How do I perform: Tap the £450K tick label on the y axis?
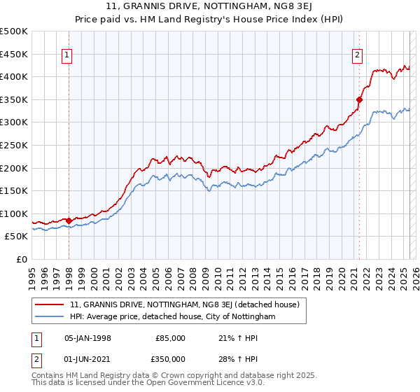14,54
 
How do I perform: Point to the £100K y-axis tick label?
14,214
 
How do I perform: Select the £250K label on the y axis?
14,145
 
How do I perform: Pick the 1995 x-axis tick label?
32,274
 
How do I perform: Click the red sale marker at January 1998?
69,220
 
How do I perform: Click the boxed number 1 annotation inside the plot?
68,56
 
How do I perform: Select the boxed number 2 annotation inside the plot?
357,56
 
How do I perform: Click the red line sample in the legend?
49,304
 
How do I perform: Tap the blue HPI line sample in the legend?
49,316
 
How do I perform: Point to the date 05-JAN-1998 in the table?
87,338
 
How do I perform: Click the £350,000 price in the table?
170,359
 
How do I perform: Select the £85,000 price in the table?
170,338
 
